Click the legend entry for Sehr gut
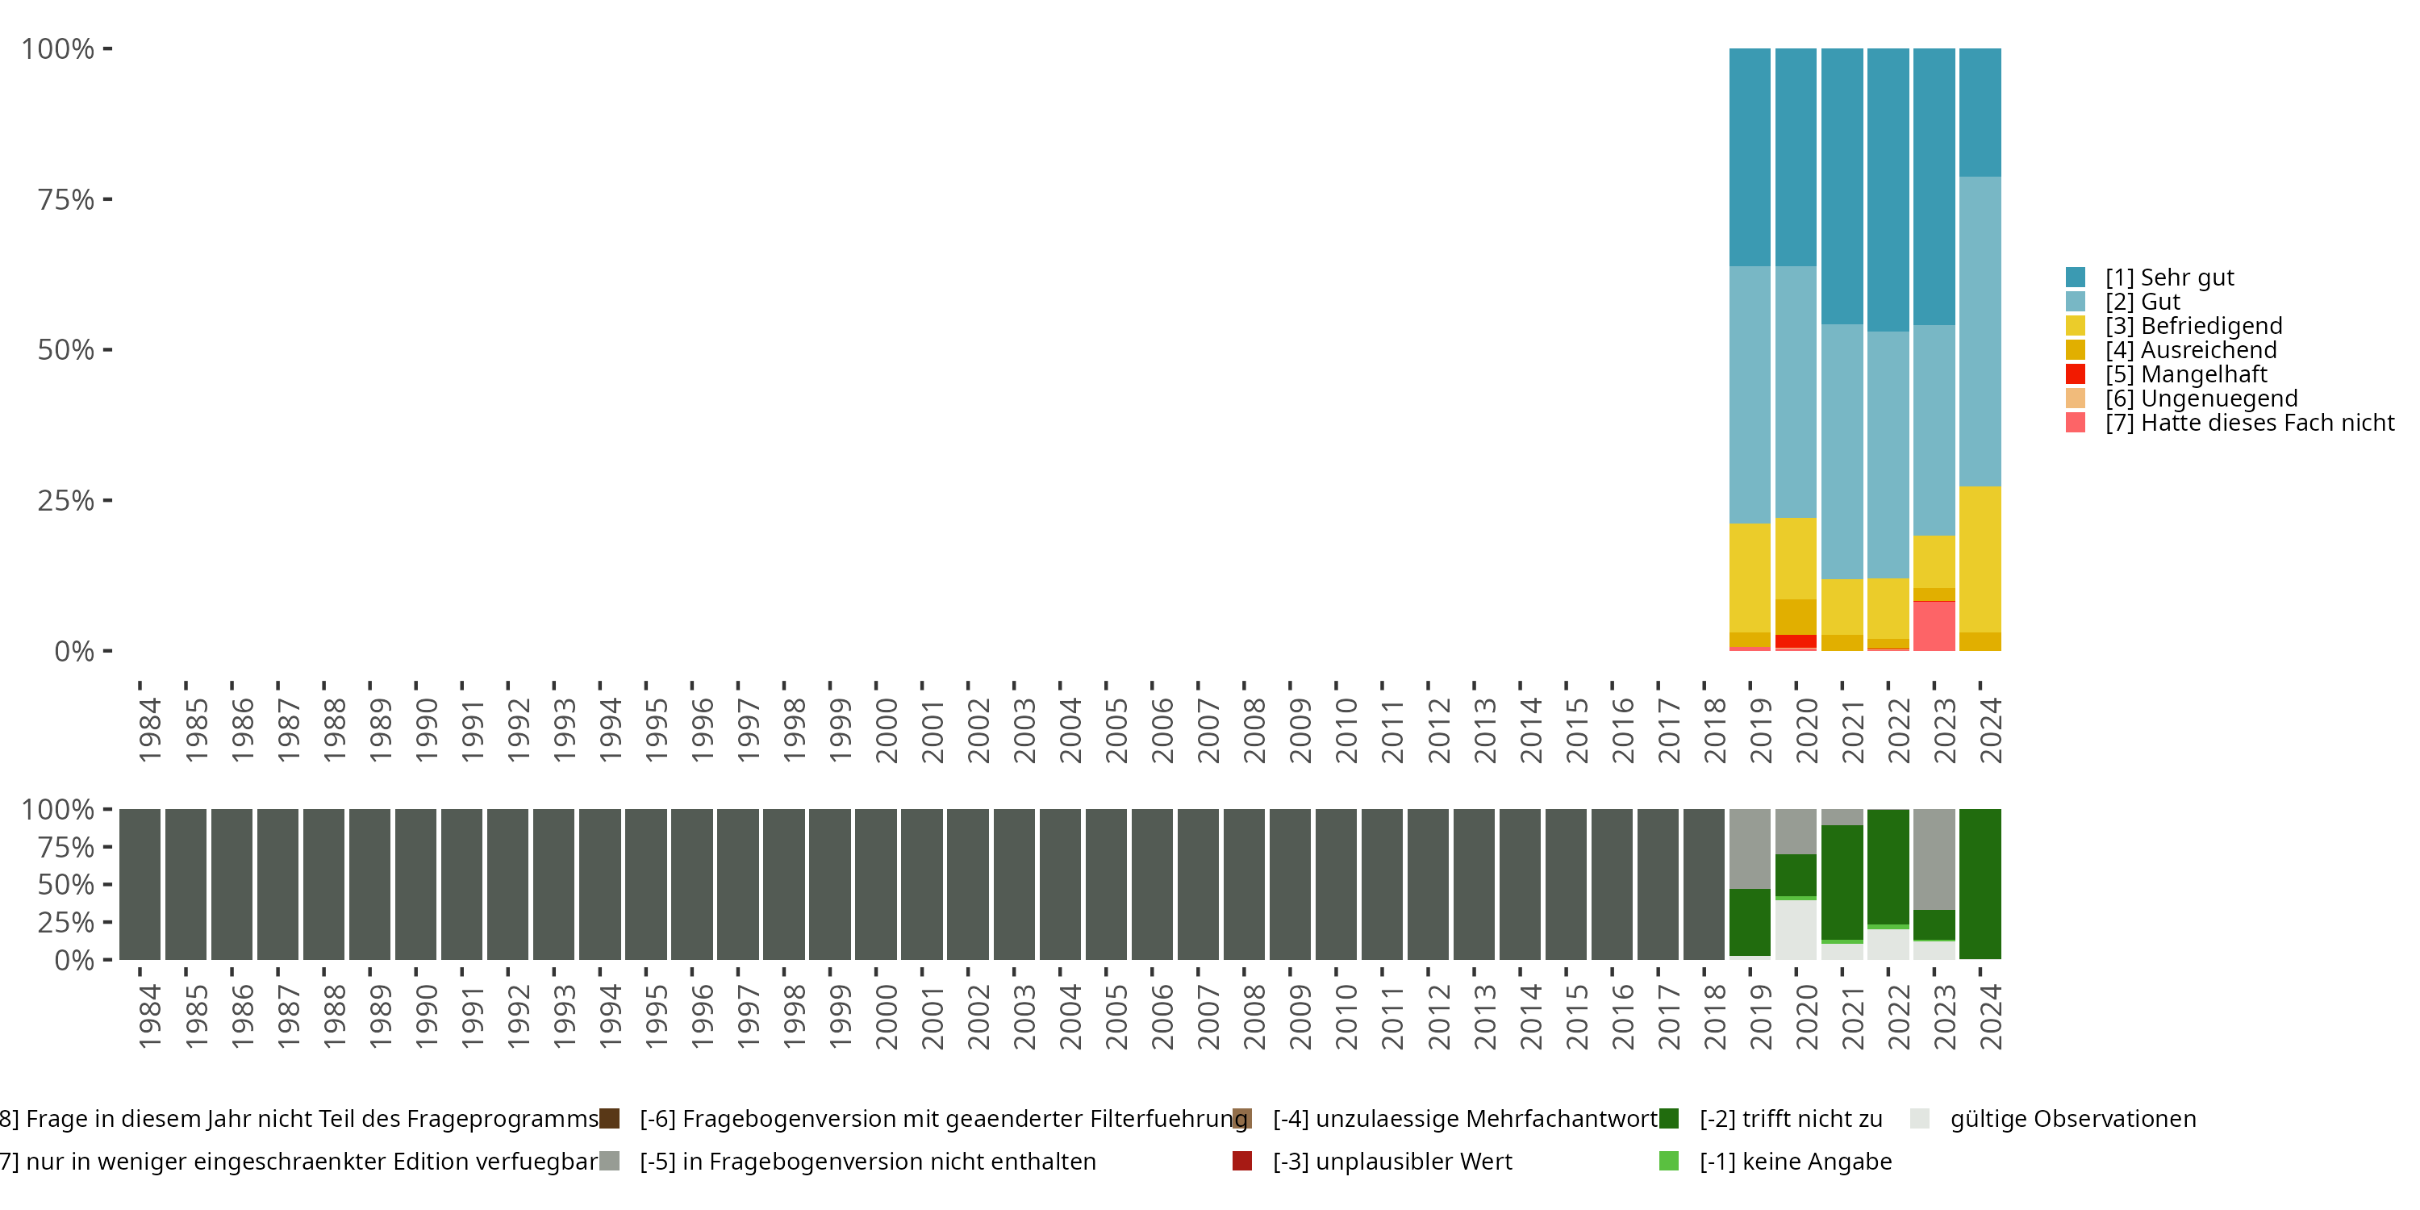(2168, 277)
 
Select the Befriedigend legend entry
(2193, 326)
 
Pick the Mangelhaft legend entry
(2185, 374)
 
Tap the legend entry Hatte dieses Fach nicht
(2249, 423)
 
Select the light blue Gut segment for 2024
(1980, 331)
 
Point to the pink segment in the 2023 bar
(1934, 626)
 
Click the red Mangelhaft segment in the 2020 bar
(1796, 640)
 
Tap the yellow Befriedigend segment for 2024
(1980, 559)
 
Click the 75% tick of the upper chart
(66, 199)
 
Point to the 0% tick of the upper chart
(73, 651)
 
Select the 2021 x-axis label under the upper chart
(1851, 731)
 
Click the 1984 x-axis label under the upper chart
(149, 731)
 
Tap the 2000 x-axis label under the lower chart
(885, 1017)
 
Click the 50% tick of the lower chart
(66, 884)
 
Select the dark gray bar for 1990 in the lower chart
(415, 884)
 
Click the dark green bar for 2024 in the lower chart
(1980, 884)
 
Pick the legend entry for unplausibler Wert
(1391, 1161)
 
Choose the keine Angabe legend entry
(1794, 1161)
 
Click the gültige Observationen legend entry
(2072, 1119)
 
